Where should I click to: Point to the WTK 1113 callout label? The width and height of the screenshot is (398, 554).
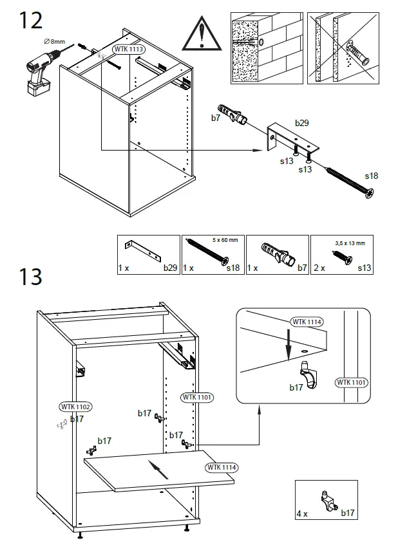(128, 49)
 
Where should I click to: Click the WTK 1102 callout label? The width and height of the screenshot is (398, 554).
(75, 406)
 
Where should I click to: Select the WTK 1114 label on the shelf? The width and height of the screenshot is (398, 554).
(221, 467)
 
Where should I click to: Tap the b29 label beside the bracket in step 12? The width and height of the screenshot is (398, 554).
(302, 122)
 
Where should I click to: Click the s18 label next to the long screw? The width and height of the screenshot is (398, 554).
(372, 175)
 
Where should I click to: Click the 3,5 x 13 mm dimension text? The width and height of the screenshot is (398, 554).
(350, 243)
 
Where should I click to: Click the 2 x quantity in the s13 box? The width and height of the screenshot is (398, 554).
(319, 266)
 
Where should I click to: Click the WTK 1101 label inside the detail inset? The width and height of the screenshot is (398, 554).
(352, 382)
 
